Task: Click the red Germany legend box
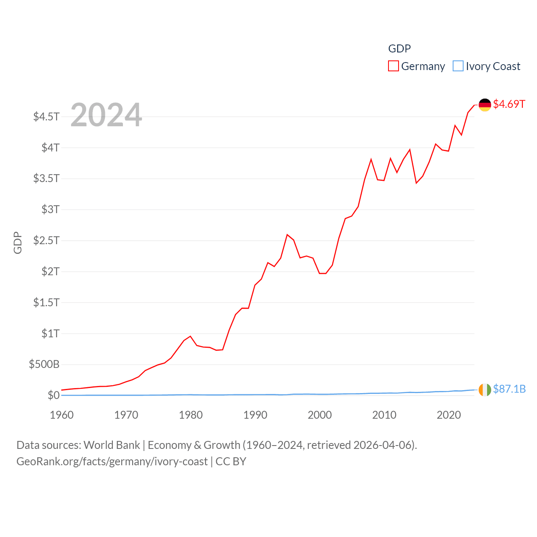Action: pos(393,66)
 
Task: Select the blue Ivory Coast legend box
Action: pos(458,66)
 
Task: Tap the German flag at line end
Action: pos(485,105)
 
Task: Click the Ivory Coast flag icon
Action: pos(485,390)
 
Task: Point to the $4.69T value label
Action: pos(509,104)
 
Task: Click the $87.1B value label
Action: pos(509,389)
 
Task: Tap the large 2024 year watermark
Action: pos(106,115)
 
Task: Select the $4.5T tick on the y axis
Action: pos(47,116)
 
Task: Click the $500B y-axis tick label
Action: pos(44,364)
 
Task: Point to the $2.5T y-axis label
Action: pos(47,240)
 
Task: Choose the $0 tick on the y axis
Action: pos(53,395)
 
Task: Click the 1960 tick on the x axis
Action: pos(62,415)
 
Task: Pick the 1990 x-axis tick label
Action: pos(255,415)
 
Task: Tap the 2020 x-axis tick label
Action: pos(448,415)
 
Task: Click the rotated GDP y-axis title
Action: pos(18,242)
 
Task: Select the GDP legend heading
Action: pos(399,49)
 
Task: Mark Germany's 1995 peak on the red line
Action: pos(287,235)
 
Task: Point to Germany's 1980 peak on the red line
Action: pos(190,336)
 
